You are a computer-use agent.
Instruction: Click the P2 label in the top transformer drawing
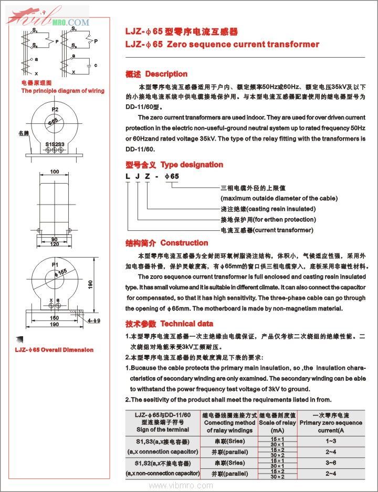coord(55,110)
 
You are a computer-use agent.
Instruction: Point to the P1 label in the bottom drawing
coord(55,265)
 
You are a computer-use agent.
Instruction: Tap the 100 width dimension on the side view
coord(55,172)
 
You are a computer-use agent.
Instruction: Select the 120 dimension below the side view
coord(55,244)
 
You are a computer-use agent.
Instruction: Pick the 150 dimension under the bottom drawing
coord(55,318)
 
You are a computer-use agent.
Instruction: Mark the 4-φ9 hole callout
coord(94,319)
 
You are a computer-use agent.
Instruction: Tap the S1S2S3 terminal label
coord(55,144)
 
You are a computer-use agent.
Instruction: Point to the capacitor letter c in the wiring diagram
coord(95,65)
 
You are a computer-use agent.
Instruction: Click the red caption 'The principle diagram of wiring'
coord(62,91)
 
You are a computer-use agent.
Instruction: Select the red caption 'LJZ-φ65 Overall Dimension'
coord(54,350)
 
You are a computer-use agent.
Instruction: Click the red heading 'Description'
coord(166,74)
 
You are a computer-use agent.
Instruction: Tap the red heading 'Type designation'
coord(192,165)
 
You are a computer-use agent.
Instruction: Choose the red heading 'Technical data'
coord(186,324)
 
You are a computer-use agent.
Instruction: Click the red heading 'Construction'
coord(184,243)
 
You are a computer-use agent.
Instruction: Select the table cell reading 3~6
coord(331,463)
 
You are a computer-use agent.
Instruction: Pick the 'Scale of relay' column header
coord(278,423)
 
